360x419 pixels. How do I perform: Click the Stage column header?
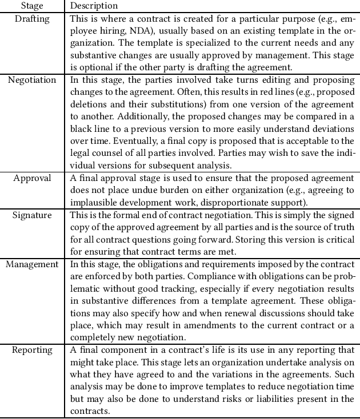pos(32,6)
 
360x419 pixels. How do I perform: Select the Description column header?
pos(94,6)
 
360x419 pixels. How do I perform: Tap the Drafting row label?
pos(32,19)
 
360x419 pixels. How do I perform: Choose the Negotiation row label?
pos(32,80)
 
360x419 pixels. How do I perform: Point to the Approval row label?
pos(32,178)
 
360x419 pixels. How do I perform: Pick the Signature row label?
pos(32,215)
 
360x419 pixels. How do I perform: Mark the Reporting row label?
pos(32,350)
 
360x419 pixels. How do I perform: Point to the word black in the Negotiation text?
pos(82,129)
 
